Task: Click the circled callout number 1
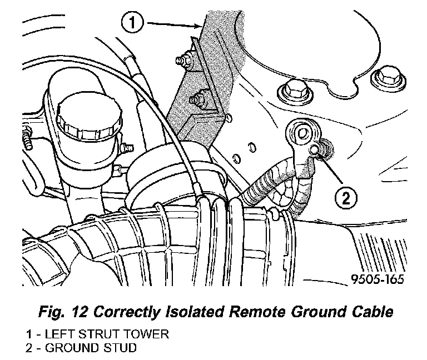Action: [x=131, y=23]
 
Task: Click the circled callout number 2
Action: [x=345, y=197]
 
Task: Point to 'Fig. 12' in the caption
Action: [x=56, y=312]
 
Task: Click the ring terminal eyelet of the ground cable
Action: [x=302, y=133]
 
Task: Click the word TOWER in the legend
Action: [x=149, y=334]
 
